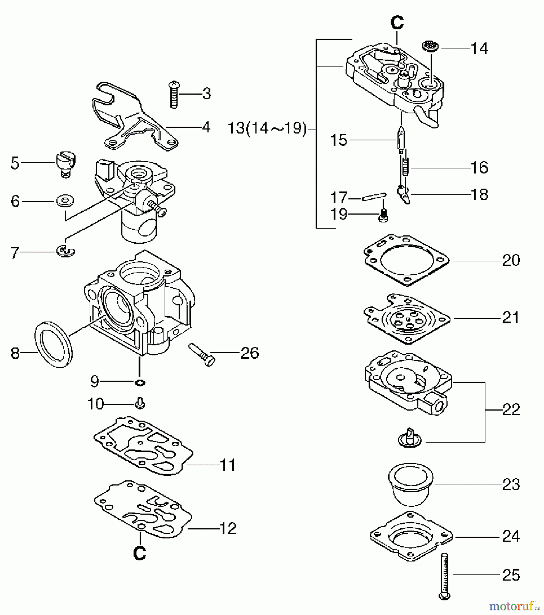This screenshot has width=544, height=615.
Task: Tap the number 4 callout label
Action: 206,127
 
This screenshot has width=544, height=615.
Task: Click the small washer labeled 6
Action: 65,201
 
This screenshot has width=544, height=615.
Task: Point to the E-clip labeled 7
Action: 66,252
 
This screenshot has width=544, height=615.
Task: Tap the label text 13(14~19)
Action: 267,129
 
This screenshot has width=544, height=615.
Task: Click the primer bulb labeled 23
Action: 411,484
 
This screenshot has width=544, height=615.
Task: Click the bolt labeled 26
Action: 202,354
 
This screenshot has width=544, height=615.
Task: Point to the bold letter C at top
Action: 397,23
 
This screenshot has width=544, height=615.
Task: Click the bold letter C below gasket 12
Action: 140,553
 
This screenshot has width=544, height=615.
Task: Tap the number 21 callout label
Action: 511,318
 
